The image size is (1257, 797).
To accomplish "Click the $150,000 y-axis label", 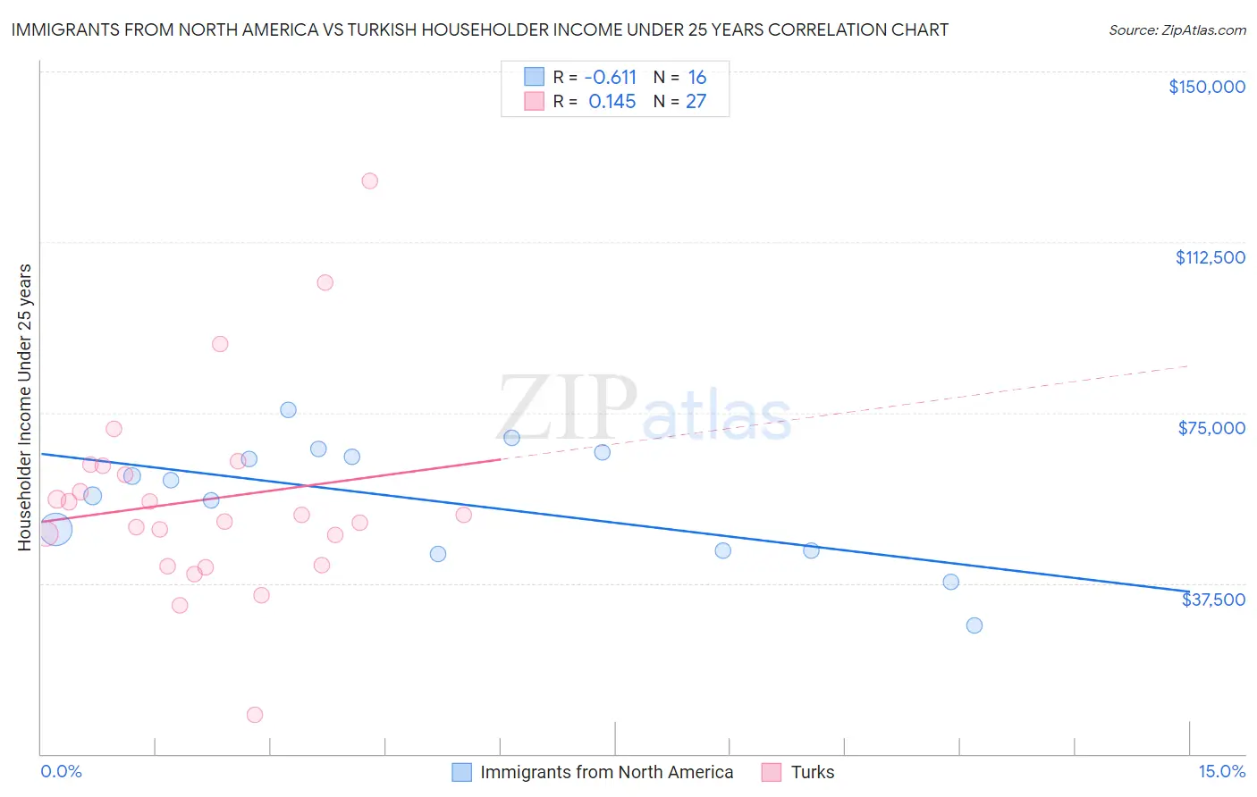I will pyautogui.click(x=1206, y=87).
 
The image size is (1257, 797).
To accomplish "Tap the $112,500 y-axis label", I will pyautogui.click(x=1210, y=257).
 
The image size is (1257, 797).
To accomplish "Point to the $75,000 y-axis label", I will pyautogui.click(x=1211, y=428).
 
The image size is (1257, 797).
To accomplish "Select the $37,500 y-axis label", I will pyautogui.click(x=1213, y=600).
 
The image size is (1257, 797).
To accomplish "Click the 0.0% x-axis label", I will pyautogui.click(x=61, y=771).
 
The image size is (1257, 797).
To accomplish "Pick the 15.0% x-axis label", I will pyautogui.click(x=1221, y=771).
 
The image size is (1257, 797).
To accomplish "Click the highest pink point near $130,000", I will pyautogui.click(x=369, y=180).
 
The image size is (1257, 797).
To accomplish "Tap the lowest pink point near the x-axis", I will pyautogui.click(x=255, y=715).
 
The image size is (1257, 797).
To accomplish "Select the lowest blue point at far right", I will pyautogui.click(x=974, y=625).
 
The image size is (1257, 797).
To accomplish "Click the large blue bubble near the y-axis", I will pyautogui.click(x=55, y=529).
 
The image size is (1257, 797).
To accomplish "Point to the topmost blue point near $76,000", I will pyautogui.click(x=288, y=410).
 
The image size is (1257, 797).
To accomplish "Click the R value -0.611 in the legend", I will pyautogui.click(x=610, y=78).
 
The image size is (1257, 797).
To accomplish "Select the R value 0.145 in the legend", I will pyautogui.click(x=612, y=102).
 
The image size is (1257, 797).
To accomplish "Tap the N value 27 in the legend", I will pyautogui.click(x=696, y=102).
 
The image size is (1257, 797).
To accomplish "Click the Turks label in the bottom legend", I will pyautogui.click(x=812, y=772).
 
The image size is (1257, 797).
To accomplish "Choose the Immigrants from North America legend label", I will pyautogui.click(x=606, y=772).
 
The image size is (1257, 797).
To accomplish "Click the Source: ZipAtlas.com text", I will pyautogui.click(x=1177, y=30).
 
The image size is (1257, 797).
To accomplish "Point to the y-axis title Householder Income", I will pyautogui.click(x=25, y=407).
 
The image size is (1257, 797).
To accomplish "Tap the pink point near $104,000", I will pyautogui.click(x=325, y=282).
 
